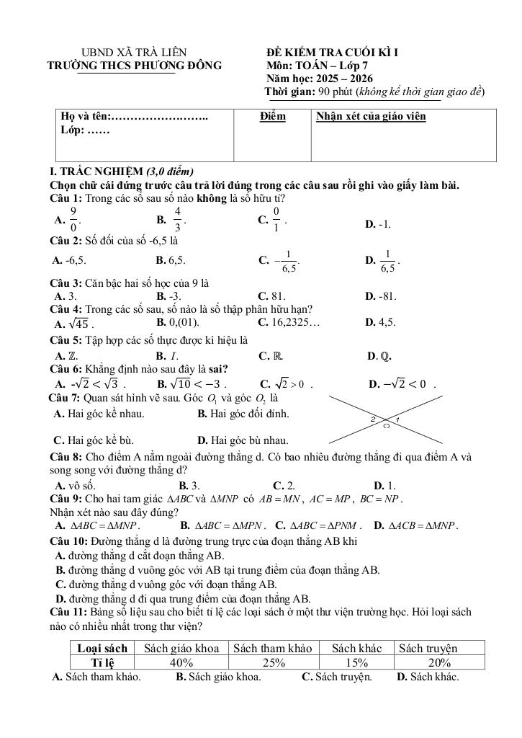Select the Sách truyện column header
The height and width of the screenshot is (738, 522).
tap(428, 648)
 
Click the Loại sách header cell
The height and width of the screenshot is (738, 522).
tap(102, 648)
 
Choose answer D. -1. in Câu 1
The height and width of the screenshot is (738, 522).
tap(378, 224)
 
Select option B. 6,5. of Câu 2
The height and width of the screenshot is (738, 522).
tap(171, 260)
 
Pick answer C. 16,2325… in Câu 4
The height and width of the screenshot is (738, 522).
tap(289, 322)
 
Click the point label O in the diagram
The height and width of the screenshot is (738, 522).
tap(386, 427)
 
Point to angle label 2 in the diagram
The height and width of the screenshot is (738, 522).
tap(373, 419)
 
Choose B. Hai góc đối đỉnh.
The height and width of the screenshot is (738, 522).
tap(243, 414)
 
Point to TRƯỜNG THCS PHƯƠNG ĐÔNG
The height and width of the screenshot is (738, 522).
tap(135, 66)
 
